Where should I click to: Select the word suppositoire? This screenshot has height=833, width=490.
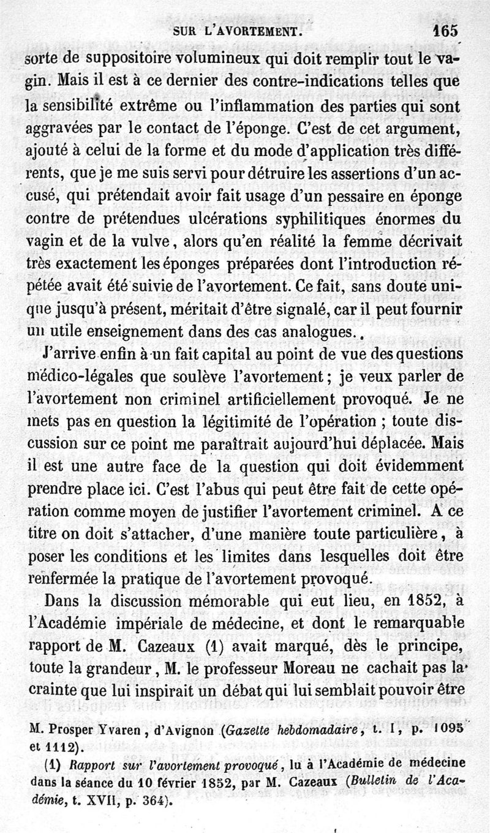point(107,60)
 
